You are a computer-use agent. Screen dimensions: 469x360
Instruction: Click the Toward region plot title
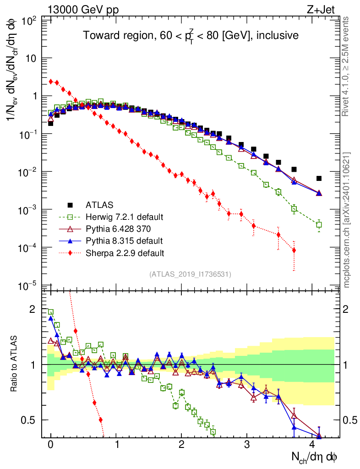[191, 36]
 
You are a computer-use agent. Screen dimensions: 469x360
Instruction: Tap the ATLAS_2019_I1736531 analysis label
[190, 274]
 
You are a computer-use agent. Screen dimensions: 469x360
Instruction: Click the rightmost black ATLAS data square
[319, 178]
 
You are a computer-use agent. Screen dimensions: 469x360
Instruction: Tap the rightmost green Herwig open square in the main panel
[319, 224]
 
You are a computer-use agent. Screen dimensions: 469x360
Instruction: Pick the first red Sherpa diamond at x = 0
[51, 82]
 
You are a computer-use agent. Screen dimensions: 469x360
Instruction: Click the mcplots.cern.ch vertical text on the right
[347, 220]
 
